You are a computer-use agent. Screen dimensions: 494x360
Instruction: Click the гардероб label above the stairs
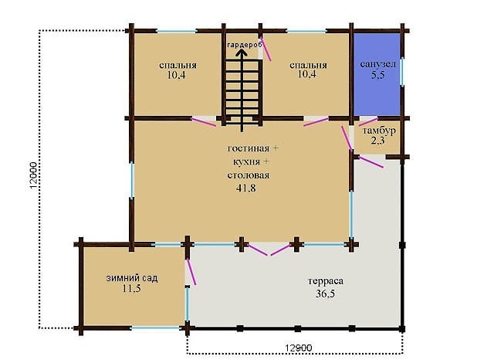245,45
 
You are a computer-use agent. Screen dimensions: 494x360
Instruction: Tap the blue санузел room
377,74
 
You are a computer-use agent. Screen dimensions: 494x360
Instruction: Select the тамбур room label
379,131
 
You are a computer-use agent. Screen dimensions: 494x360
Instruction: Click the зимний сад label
132,278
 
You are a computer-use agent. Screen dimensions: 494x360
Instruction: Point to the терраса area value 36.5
326,294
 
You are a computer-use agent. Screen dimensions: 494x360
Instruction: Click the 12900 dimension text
299,348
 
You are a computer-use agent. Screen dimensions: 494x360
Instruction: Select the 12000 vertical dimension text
34,175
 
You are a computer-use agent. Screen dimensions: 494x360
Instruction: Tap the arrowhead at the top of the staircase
242,53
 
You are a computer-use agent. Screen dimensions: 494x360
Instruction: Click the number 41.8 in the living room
245,188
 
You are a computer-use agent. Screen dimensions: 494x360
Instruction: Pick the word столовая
249,175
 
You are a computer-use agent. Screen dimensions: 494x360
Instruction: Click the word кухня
246,162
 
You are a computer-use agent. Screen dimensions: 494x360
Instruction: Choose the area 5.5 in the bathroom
377,75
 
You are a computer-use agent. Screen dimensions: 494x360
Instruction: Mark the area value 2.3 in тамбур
377,141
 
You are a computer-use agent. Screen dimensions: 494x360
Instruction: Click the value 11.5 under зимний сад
132,288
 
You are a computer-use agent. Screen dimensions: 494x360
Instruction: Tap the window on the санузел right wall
402,72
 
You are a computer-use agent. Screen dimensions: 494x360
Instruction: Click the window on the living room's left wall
132,180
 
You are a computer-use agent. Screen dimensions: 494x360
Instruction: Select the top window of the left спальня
177,31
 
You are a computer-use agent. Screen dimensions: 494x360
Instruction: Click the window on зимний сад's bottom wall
156,328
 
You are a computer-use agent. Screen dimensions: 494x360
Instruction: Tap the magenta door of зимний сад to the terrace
191,272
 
